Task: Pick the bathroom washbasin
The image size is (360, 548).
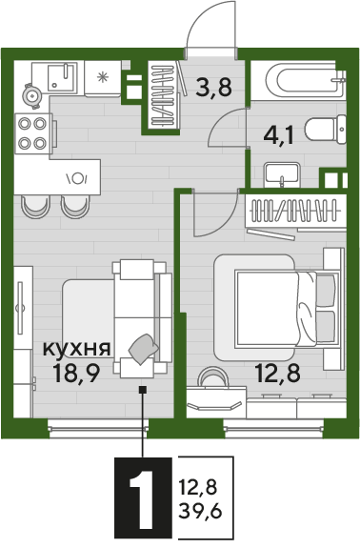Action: point(283,174)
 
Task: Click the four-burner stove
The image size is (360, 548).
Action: point(34,132)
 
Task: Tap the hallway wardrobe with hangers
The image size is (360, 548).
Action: point(158,95)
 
